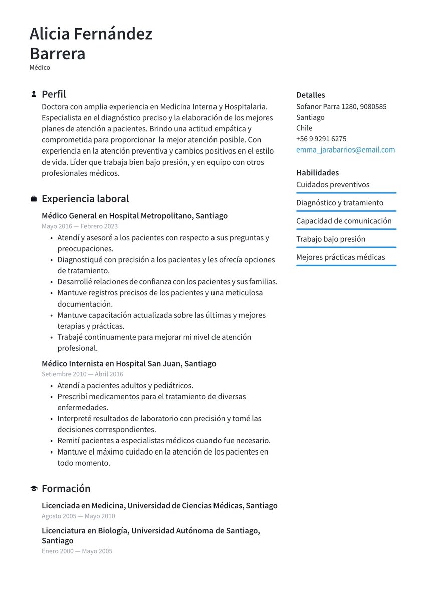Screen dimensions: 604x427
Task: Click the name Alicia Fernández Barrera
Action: tap(91, 43)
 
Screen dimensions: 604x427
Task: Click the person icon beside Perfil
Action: tap(34, 94)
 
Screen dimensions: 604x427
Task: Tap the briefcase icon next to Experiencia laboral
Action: tap(34, 199)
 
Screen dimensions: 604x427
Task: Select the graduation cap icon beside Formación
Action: tap(34, 489)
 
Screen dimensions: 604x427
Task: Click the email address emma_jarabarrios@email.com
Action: tap(345, 149)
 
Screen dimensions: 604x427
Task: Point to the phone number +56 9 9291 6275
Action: tap(321, 139)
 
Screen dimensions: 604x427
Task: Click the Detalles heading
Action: tap(310, 95)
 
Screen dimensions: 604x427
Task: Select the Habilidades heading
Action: tap(317, 173)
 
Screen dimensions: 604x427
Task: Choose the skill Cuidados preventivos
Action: tap(333, 185)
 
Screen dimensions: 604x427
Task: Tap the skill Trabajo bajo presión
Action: tap(330, 239)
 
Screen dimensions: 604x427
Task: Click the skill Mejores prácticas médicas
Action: tap(340, 257)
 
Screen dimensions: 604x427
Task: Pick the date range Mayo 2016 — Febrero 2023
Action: tap(80, 226)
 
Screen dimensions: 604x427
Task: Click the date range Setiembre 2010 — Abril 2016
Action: tap(82, 374)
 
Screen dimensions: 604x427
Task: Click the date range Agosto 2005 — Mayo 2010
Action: tap(78, 516)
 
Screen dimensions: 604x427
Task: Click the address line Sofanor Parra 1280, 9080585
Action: tap(341, 106)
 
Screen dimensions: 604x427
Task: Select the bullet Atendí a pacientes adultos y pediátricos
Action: tap(125, 386)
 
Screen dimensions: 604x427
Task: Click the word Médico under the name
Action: tap(40, 67)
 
